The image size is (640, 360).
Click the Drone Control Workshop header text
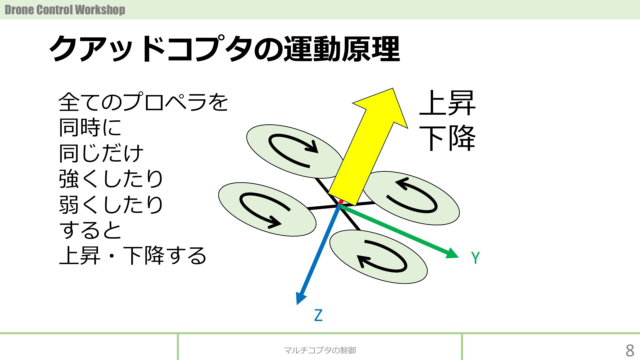point(65,10)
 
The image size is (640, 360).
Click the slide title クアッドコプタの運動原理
point(225,49)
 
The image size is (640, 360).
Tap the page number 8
point(630,350)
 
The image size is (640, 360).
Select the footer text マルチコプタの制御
point(320,350)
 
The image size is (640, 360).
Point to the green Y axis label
point(475,258)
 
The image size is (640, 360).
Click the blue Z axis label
point(318,315)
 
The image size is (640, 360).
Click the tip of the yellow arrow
point(393,88)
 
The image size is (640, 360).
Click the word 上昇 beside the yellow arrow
point(447,103)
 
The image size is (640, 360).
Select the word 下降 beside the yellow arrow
point(447,138)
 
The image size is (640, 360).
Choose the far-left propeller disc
point(267,209)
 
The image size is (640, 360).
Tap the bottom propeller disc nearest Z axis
point(378,257)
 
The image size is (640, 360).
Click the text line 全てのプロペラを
point(143,102)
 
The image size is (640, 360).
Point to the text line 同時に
point(90,128)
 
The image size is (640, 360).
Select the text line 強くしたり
point(111,179)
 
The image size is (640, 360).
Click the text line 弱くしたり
point(111,205)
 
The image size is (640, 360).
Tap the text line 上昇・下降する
point(133,256)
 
